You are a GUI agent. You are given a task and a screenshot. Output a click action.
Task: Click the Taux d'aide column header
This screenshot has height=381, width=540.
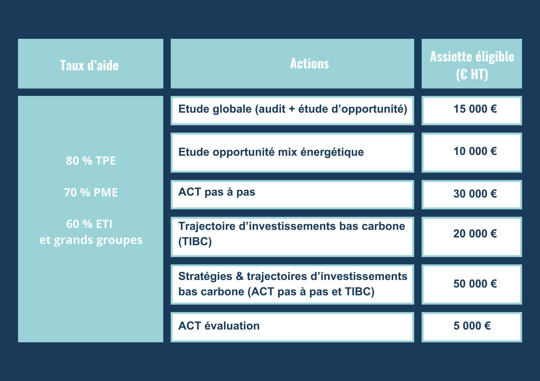[89, 65]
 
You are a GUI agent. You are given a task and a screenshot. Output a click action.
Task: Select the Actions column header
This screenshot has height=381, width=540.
[309, 64]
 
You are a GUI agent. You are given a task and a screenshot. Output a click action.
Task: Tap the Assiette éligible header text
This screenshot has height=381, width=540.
[472, 57]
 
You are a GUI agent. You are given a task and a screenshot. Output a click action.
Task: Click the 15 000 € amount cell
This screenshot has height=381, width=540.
[475, 109]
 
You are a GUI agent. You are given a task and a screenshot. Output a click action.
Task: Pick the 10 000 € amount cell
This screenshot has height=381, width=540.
[475, 151]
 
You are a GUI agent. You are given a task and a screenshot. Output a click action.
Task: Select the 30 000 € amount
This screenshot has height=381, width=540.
[475, 194]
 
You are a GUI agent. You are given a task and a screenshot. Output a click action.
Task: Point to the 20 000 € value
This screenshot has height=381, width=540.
[475, 234]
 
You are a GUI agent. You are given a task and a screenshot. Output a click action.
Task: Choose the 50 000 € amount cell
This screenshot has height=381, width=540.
[475, 284]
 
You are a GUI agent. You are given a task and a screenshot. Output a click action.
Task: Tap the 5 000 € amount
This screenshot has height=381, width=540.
[472, 326]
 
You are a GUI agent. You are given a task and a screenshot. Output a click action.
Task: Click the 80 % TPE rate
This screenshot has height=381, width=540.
[91, 161]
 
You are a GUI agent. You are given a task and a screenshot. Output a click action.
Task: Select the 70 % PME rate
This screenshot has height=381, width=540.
[91, 193]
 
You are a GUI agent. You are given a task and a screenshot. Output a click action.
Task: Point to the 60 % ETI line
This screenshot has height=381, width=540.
[89, 224]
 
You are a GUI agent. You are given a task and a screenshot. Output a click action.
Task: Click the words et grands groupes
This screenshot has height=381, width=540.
[91, 240]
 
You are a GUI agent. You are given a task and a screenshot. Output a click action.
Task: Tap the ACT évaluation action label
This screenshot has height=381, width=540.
[219, 326]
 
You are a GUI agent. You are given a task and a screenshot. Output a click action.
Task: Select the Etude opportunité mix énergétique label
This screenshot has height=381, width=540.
[271, 152]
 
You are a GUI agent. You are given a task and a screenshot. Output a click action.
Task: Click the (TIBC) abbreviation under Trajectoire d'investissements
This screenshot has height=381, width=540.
[195, 241]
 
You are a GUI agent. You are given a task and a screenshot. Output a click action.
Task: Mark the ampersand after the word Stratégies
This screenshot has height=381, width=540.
[239, 276]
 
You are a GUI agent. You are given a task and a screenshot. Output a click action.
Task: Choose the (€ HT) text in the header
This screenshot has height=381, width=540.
[472, 74]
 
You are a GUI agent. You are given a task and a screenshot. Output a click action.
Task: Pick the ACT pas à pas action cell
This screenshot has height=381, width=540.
[217, 192]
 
